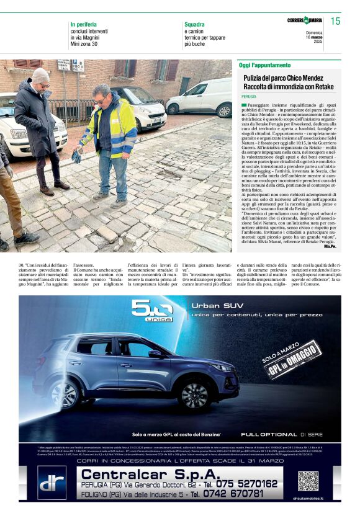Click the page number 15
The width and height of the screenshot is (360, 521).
(335, 22)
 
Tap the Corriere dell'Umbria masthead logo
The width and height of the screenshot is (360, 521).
(305, 21)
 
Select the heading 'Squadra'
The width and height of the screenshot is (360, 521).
(194, 24)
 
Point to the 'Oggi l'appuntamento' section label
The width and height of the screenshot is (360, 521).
(265, 65)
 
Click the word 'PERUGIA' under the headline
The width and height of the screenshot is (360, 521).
(249, 97)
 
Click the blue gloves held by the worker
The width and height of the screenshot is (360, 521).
(76, 155)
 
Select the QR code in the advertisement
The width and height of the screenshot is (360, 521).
(308, 481)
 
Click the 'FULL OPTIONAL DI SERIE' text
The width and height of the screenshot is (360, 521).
(280, 435)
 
